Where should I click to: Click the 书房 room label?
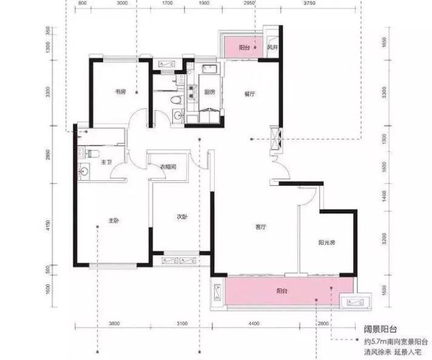click(x=120, y=91)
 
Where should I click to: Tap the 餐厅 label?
click(x=249, y=94)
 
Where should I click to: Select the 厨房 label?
click(x=209, y=92)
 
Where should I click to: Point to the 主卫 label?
click(x=105, y=162)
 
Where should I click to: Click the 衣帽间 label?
click(x=168, y=167)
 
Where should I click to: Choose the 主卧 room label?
click(x=114, y=220)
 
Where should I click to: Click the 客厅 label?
click(x=260, y=227)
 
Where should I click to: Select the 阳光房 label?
click(x=326, y=243)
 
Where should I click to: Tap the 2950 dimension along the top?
click(x=249, y=4)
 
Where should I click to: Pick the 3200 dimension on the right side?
click(x=385, y=237)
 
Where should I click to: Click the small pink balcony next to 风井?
click(x=241, y=48)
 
